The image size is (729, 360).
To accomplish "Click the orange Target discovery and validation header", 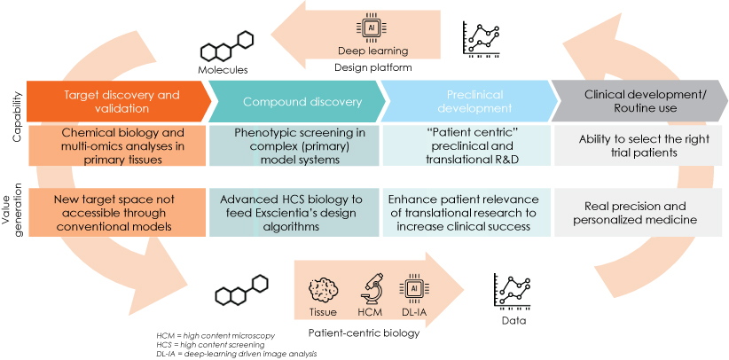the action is (x=116, y=101).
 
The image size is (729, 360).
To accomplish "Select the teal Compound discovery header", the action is (x=298, y=101).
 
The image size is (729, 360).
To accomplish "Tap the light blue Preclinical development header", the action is (x=469, y=101).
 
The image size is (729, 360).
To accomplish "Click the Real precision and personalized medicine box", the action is (x=640, y=213).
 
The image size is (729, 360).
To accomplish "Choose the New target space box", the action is (x=116, y=213).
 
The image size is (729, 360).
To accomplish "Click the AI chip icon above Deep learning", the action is (x=371, y=27).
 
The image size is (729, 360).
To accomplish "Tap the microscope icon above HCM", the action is (x=372, y=287).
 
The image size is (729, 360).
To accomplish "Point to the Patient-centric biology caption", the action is (x=364, y=333).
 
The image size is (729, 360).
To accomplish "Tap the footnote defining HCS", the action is (x=210, y=345).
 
